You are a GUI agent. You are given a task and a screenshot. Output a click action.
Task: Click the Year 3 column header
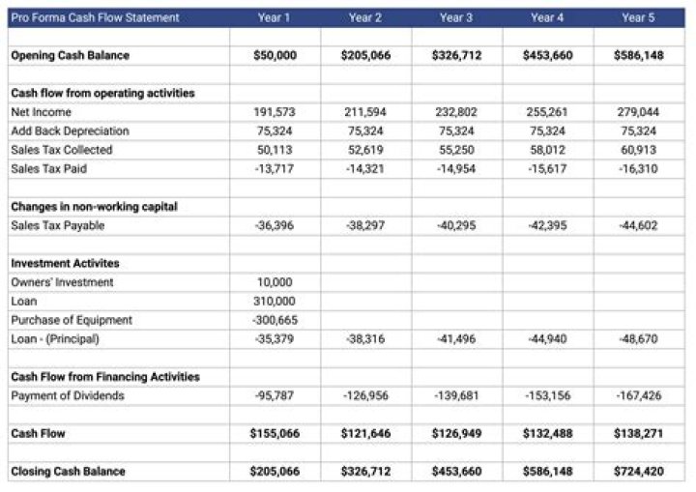click(456, 17)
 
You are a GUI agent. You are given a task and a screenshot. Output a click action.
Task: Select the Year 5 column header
click(638, 17)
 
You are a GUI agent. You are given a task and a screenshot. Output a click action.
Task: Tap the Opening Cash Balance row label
click(70, 55)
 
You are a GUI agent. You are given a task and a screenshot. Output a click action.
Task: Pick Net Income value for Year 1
click(275, 112)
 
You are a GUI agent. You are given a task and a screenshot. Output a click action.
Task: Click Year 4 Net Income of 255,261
click(547, 112)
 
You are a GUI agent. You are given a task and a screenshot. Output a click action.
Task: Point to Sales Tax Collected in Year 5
click(638, 150)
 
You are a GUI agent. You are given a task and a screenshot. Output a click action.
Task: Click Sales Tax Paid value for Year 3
click(456, 168)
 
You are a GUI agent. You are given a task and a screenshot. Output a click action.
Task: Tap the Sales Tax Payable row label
click(57, 225)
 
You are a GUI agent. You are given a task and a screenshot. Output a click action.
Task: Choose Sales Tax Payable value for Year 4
click(547, 225)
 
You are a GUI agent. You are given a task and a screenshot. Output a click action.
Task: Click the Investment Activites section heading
click(65, 263)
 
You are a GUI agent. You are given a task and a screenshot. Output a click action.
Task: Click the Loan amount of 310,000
click(275, 301)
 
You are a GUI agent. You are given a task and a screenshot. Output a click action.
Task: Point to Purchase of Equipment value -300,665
click(275, 320)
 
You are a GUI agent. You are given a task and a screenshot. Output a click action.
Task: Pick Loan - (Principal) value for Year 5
click(638, 338)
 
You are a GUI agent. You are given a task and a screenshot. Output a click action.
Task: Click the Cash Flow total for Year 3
click(456, 433)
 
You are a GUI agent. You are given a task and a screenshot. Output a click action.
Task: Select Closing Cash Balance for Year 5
click(638, 471)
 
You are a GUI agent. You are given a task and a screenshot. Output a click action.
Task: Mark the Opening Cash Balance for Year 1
click(275, 55)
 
